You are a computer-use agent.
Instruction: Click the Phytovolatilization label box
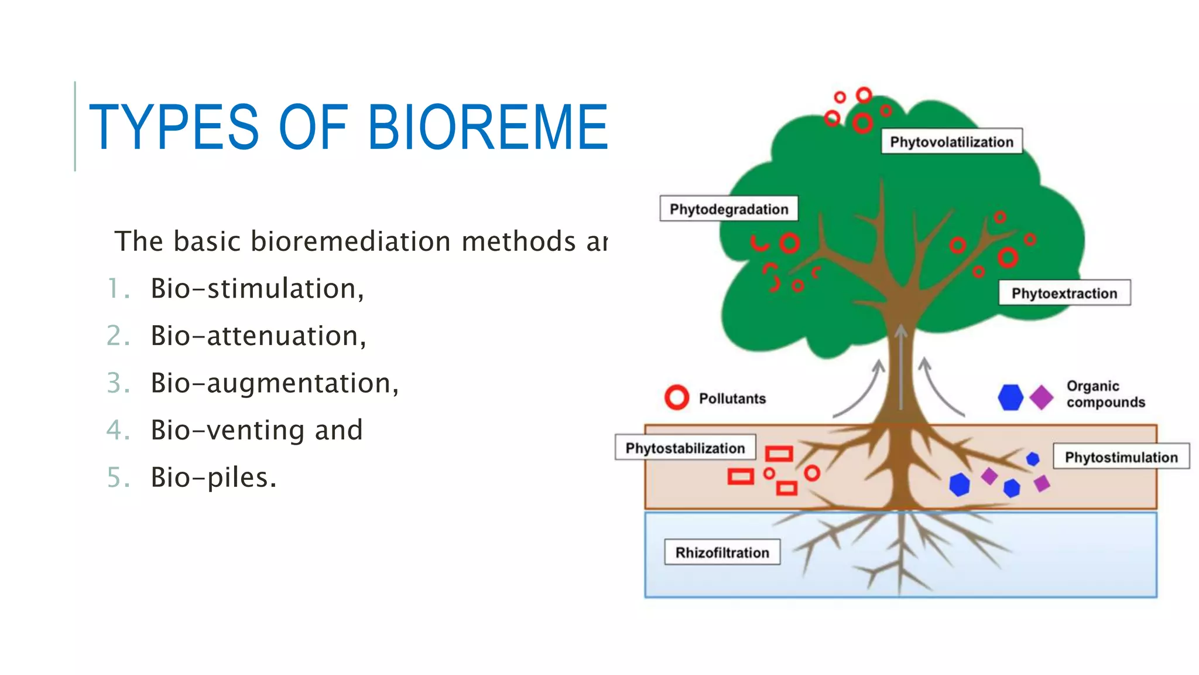[x=952, y=141]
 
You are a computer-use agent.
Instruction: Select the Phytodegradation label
[x=729, y=209]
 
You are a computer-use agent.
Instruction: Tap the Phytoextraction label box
[x=1064, y=293]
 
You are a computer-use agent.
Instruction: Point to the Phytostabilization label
[x=685, y=448]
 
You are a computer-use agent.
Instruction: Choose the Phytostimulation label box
[x=1121, y=457]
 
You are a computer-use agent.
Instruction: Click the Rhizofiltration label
[x=722, y=553]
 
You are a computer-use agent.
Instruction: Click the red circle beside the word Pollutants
[x=677, y=398]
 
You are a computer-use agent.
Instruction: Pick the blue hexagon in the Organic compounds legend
[x=1010, y=397]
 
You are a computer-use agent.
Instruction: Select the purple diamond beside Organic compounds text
[x=1041, y=397]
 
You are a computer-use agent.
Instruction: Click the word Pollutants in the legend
[x=732, y=398]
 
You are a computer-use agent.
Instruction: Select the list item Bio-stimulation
[x=257, y=288]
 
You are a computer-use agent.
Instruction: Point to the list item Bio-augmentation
[x=274, y=383]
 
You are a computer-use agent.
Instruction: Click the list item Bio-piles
[x=213, y=478]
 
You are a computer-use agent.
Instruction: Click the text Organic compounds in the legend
[x=1105, y=394]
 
